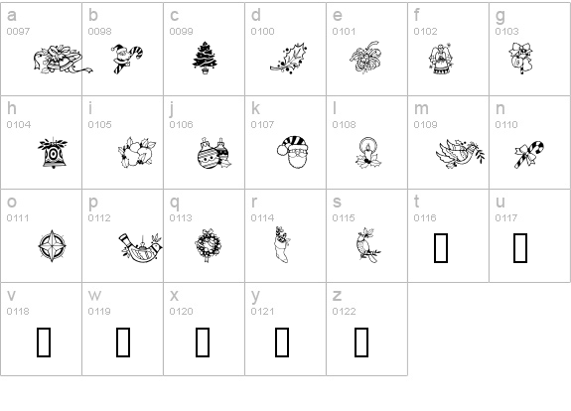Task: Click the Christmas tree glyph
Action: pos(205,58)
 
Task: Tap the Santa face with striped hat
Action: pos(293,152)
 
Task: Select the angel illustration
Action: pos(441,59)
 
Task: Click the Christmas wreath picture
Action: pos(208,245)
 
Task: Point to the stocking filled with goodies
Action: pos(283,244)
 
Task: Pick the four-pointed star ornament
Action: pos(53,246)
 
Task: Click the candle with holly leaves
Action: pos(368,153)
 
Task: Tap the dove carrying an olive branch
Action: pos(461,153)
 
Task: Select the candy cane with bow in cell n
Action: pos(529,154)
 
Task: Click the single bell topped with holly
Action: pos(54,153)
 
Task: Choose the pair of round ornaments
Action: pos(214,153)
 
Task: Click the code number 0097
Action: pos(18,32)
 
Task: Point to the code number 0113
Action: pos(181,218)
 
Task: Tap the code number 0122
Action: pos(345,312)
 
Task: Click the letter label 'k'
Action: pos(255,108)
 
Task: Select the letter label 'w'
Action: pos(94,295)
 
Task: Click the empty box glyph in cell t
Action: pos(441,248)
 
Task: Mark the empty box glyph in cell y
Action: pos(282,342)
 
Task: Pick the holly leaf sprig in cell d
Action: pos(289,59)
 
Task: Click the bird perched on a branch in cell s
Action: pos(368,245)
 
